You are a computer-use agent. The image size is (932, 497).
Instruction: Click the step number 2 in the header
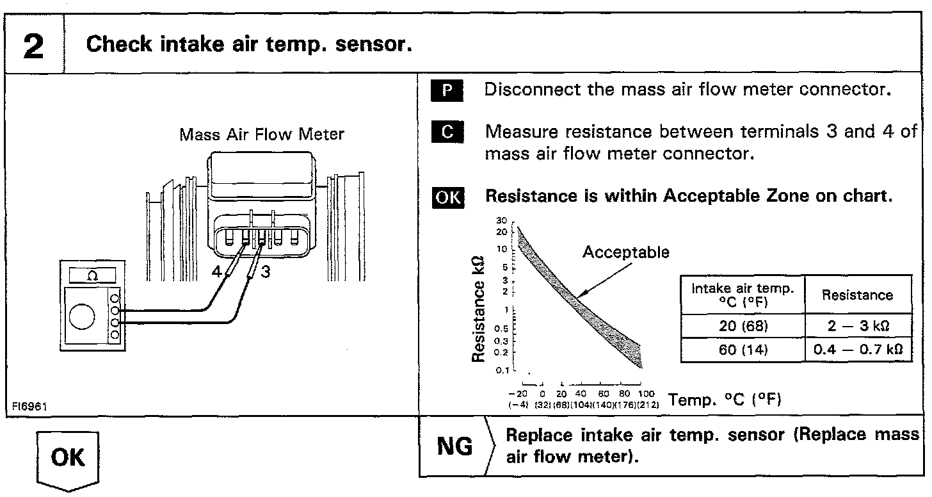33,46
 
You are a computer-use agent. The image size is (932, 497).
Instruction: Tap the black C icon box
447,133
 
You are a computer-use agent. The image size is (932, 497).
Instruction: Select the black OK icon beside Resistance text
447,197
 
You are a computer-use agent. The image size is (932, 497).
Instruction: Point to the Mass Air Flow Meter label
261,134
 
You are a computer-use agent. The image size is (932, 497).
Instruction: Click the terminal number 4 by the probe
216,272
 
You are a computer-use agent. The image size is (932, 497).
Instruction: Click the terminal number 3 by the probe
266,272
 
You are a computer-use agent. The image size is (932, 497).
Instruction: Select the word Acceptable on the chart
625,252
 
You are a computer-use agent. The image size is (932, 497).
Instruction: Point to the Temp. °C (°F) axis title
724,400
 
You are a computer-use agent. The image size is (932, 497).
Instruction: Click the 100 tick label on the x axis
647,393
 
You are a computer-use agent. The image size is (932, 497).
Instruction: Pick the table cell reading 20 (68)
742,326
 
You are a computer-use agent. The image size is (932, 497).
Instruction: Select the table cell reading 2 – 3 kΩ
858,326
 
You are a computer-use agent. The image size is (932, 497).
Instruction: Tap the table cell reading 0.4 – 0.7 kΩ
858,350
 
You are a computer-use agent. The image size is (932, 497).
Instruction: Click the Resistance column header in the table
857,295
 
